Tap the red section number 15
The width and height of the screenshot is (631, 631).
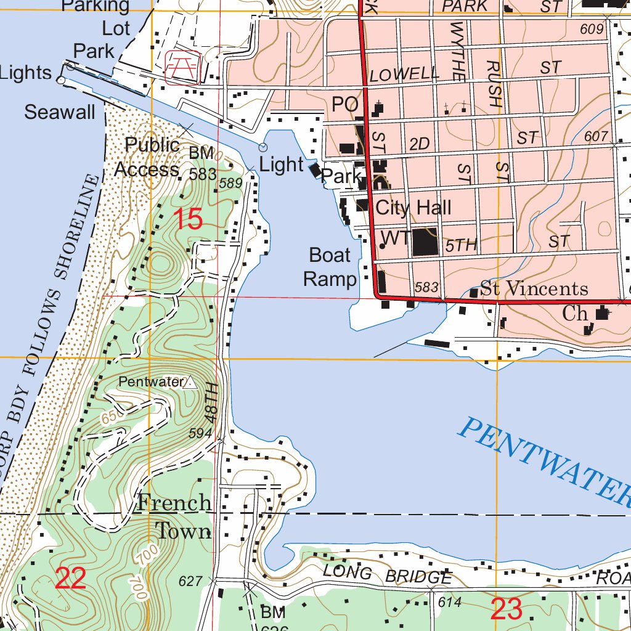[188, 219]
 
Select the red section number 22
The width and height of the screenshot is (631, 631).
[70, 579]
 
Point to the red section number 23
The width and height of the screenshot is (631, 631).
[507, 609]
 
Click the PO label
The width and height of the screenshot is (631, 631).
[345, 105]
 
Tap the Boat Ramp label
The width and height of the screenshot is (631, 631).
[330, 267]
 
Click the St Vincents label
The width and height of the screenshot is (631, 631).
[534, 288]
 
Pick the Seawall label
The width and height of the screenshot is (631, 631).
[60, 112]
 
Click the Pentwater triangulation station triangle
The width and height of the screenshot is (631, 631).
[190, 383]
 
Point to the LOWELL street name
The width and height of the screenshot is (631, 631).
[404, 75]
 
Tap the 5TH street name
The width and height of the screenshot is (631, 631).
[462, 245]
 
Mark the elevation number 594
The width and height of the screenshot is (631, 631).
[200, 433]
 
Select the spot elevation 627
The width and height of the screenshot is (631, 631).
[190, 580]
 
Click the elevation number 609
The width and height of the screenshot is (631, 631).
[590, 29]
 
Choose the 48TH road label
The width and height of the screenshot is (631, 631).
[211, 401]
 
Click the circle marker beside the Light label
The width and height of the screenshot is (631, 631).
[263, 147]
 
